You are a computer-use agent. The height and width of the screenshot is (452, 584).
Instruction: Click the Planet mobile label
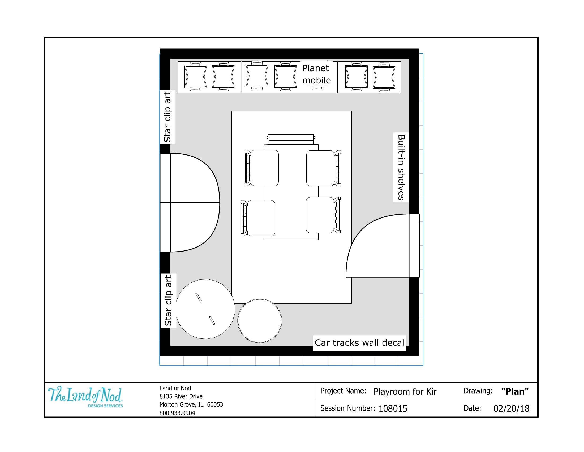coord(316,74)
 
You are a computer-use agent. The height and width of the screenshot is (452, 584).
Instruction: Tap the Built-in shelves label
coord(401,167)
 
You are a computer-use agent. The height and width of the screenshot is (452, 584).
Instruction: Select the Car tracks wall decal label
coord(359,343)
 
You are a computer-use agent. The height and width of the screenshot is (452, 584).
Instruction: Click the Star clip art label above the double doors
coord(168,117)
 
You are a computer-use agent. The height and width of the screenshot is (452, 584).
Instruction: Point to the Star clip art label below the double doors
coord(168,300)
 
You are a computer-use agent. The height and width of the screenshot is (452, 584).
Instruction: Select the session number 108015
coord(393,409)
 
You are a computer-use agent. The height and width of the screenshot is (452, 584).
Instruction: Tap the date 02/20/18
coord(511,409)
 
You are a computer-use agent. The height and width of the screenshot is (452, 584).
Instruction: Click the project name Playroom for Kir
coord(405,392)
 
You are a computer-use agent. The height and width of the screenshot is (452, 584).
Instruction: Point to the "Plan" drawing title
coord(515,391)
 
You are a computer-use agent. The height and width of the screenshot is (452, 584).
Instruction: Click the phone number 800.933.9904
coord(177,413)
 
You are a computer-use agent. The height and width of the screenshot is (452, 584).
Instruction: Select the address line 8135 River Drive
coord(181,396)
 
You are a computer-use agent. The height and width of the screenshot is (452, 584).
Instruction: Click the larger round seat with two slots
coord(205,309)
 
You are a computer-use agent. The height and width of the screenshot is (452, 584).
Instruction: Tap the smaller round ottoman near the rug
coord(259,321)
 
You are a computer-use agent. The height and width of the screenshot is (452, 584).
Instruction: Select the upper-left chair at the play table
coord(262,168)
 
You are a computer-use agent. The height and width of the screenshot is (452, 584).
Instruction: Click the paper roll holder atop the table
coord(291,139)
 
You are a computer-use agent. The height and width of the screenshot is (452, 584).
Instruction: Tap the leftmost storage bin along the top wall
coord(195,77)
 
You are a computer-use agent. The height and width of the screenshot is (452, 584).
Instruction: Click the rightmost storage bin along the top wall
coord(384,77)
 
